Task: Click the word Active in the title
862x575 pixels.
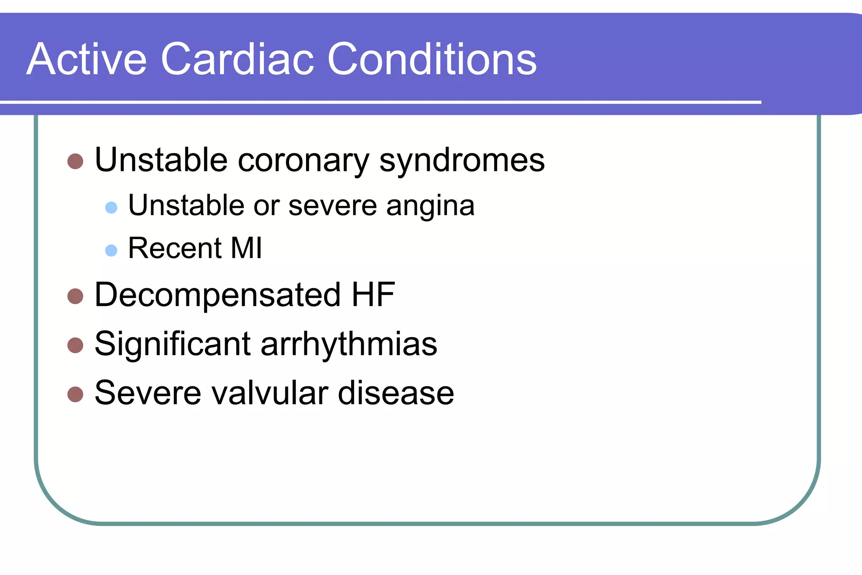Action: [x=86, y=60]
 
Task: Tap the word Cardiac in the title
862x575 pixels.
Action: [x=237, y=60]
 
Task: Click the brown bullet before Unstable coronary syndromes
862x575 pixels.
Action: [x=75, y=161]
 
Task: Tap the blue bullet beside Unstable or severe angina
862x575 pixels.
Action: [x=111, y=208]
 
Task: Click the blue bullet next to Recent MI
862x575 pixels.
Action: [x=111, y=250]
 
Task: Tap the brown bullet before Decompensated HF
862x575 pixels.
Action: [x=75, y=296]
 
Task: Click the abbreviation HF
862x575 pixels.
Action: [x=373, y=295]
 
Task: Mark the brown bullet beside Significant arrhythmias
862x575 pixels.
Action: [x=75, y=345]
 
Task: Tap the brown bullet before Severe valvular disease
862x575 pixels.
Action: [x=75, y=394]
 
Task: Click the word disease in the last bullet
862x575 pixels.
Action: [x=396, y=394]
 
